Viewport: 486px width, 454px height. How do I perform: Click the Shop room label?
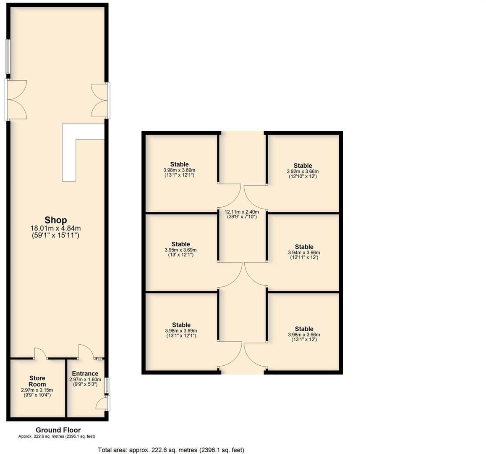56,220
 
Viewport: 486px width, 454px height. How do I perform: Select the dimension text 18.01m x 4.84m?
56,228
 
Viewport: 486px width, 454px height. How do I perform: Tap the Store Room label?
37,381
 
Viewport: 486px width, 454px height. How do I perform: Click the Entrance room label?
85,373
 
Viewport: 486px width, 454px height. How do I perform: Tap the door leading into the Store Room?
41,354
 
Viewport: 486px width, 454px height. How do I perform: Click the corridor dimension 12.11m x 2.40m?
242,212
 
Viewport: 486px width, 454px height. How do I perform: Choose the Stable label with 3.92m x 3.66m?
303,166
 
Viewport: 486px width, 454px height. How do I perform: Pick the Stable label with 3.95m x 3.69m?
180,244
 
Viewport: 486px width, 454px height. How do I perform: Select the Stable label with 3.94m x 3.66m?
304,247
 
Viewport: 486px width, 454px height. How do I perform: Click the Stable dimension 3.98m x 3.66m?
304,335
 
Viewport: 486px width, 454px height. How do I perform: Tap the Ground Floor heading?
58,430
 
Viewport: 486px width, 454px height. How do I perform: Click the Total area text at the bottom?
171,450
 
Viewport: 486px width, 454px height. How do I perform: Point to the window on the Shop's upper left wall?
7,57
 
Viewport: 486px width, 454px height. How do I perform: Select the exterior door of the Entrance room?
102,403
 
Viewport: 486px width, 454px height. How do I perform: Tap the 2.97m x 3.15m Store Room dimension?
37,390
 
